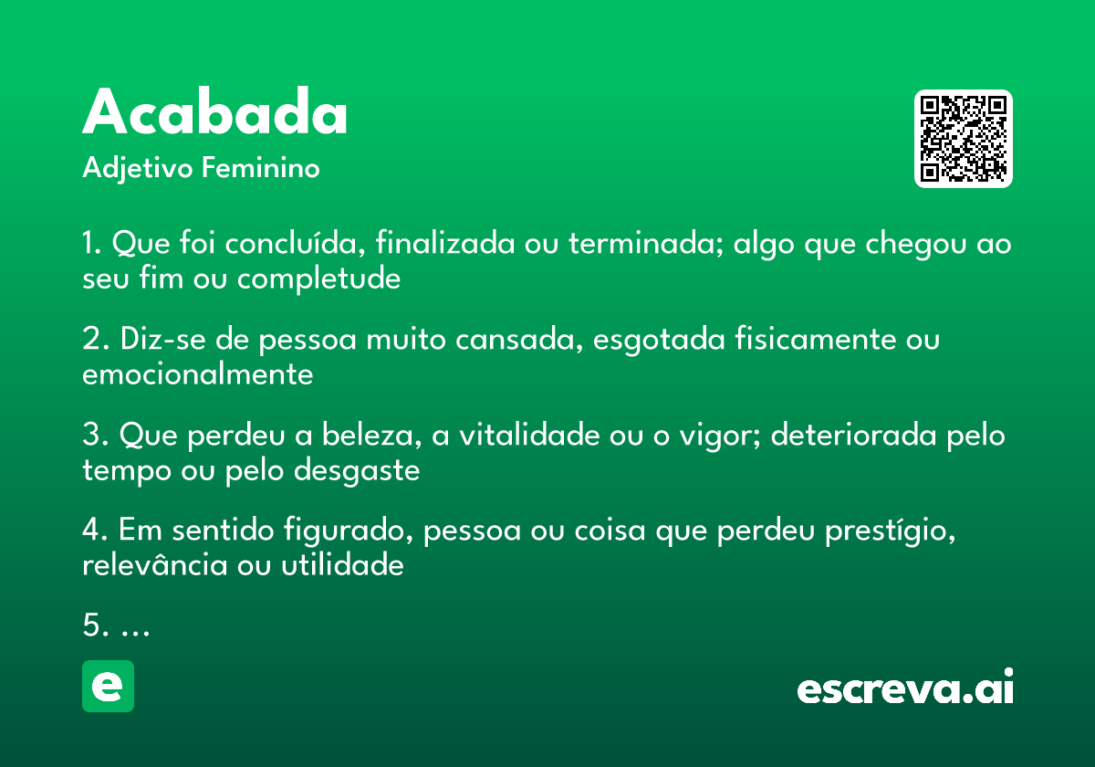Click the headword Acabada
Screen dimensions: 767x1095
pos(215,114)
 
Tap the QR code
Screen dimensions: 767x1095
pos(964,139)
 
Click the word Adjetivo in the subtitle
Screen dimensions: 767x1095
pos(136,169)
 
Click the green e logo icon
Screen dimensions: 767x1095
pos(108,686)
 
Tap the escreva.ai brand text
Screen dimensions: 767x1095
pos(905,688)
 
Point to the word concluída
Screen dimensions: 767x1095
pos(295,245)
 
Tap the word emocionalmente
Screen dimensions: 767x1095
pos(198,373)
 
